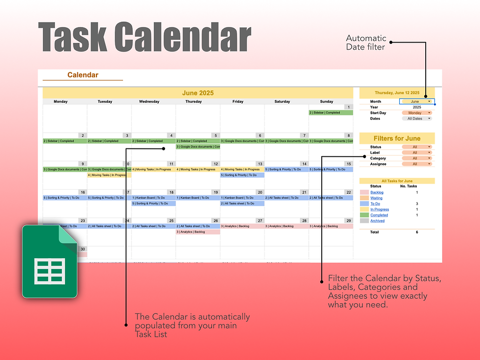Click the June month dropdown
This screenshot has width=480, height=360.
click(417, 101)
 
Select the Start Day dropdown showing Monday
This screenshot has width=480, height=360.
click(417, 113)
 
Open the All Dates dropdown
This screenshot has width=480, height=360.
click(417, 119)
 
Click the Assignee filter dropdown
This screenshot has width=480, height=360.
click(417, 164)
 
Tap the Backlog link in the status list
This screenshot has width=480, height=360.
click(377, 192)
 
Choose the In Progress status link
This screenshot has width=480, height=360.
click(380, 210)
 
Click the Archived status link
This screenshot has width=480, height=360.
click(377, 221)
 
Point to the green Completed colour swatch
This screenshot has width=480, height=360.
click(364, 215)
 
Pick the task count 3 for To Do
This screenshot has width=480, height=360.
click(417, 204)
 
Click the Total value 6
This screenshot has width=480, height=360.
click(417, 232)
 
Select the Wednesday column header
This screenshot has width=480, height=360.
click(149, 102)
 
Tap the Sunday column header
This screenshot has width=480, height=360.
click(326, 102)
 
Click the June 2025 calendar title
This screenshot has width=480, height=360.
click(198, 93)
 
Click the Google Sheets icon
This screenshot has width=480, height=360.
click(49, 262)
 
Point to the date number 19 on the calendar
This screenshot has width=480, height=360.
click(216, 192)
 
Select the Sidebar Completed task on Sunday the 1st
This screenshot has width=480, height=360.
click(331, 113)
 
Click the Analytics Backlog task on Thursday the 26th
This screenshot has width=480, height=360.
click(198, 232)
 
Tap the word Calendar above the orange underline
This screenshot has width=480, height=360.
click(83, 75)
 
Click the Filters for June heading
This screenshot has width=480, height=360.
click(397, 139)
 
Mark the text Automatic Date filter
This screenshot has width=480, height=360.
click(366, 42)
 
